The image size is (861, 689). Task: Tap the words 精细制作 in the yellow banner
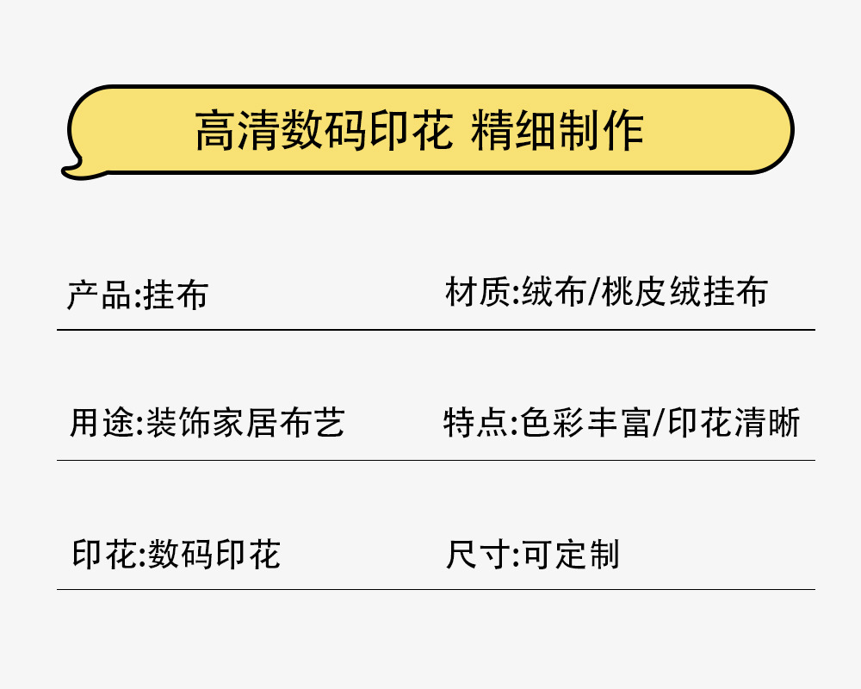point(557,131)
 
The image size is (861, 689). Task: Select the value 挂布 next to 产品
point(176,295)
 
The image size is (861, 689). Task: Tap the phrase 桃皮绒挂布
point(684,294)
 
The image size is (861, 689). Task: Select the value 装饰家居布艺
point(245,423)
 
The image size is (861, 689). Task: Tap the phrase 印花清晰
point(734,423)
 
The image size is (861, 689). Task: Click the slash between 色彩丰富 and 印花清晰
point(659,424)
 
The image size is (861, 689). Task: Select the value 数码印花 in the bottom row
point(214,554)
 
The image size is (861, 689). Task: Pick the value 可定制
point(571,554)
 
